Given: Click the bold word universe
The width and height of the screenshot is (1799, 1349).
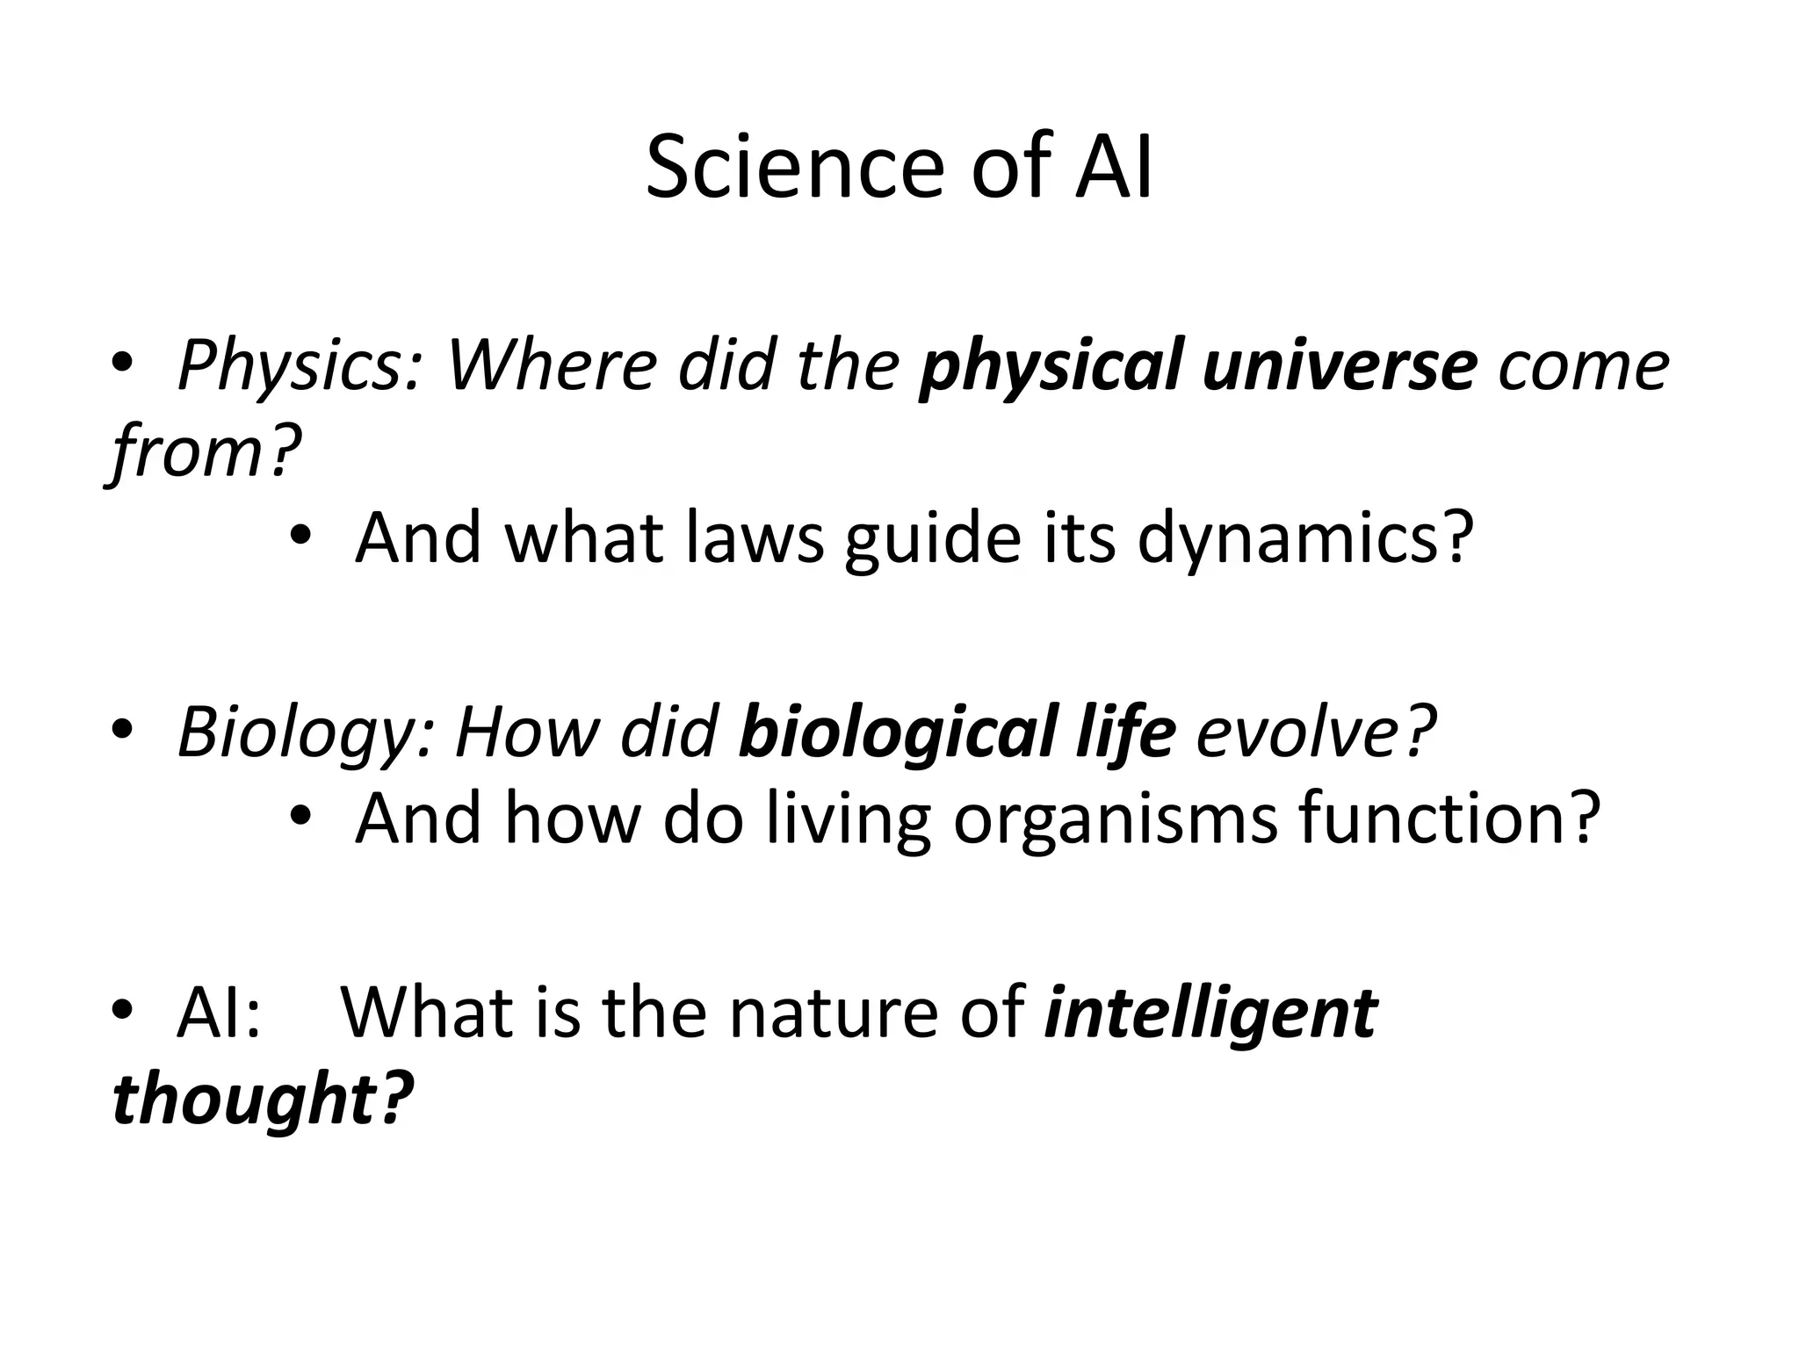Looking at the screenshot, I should click(x=1340, y=365).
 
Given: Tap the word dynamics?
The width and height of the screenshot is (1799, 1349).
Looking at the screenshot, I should click(x=1305, y=537).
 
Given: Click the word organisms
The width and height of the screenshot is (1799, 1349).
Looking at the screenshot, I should click(x=1116, y=819).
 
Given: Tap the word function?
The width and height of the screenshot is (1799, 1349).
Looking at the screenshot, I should click(x=1449, y=819).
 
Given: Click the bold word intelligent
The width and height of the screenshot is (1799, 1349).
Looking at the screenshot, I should click(x=1211, y=1013).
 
